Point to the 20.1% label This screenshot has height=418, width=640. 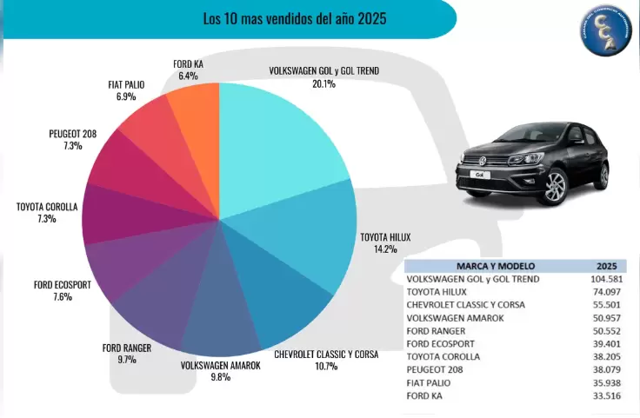tap(323, 84)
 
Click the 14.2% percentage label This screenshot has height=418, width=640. tap(385, 249)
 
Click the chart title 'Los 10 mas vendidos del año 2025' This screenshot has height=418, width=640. tap(295, 17)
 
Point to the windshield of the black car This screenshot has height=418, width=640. tap(514, 136)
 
